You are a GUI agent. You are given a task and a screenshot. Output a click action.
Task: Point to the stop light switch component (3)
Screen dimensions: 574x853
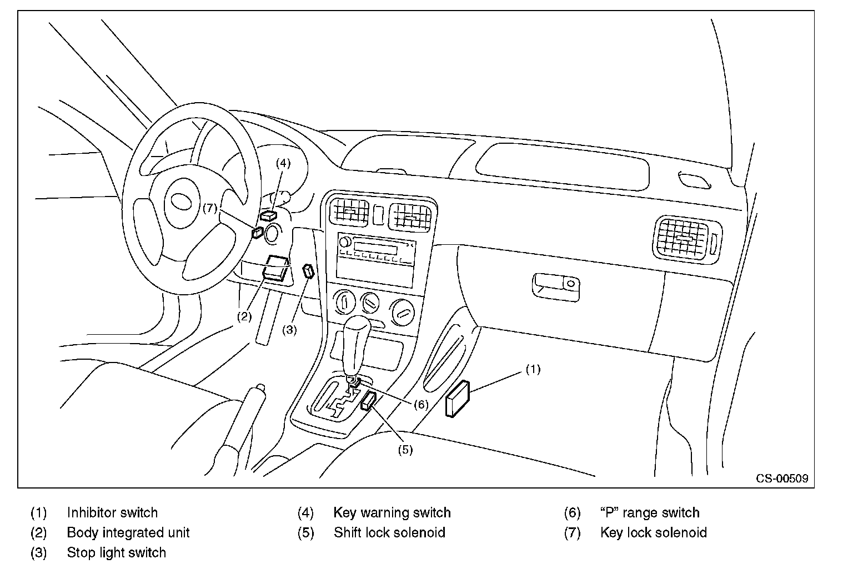(x=308, y=271)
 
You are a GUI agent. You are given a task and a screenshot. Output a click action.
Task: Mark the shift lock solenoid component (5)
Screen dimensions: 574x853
(x=369, y=400)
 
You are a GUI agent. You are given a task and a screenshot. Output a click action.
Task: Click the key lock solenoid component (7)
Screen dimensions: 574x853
(x=257, y=232)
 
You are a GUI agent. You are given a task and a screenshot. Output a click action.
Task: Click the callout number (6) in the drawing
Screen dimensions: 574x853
(x=421, y=404)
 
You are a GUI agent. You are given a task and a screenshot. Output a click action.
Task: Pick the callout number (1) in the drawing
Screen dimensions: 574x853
(x=533, y=369)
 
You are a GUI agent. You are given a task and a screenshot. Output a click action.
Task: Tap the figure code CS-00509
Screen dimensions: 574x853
(x=781, y=478)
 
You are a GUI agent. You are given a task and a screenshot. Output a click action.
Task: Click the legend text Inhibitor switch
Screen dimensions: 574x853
(x=112, y=513)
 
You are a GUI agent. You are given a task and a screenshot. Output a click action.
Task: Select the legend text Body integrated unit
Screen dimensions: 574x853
(x=128, y=533)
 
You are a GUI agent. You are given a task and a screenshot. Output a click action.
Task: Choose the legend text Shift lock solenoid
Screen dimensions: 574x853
(x=389, y=533)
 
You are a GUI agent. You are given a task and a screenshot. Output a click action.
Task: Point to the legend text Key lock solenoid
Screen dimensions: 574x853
(x=653, y=533)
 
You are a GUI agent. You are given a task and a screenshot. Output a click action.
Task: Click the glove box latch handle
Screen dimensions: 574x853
(x=555, y=286)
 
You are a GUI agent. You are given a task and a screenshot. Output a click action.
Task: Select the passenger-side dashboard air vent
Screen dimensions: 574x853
(x=685, y=238)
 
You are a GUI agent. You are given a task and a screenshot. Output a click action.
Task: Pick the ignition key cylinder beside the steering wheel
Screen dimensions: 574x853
(x=272, y=234)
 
